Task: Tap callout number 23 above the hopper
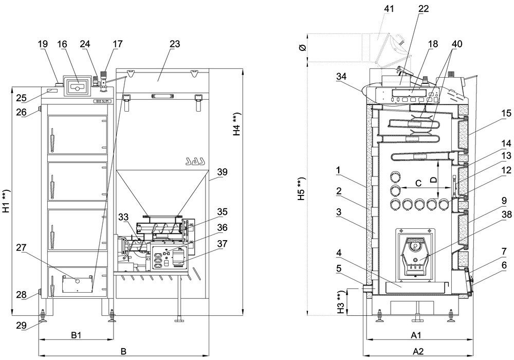click(175, 44)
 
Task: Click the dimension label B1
click(76, 335)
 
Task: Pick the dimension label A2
click(418, 351)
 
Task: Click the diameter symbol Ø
click(303, 47)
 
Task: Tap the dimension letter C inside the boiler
click(418, 183)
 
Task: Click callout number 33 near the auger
click(124, 217)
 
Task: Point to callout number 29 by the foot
click(21, 326)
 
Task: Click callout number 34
click(341, 77)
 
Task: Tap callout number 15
click(506, 113)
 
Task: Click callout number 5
click(339, 268)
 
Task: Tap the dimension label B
click(123, 351)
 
